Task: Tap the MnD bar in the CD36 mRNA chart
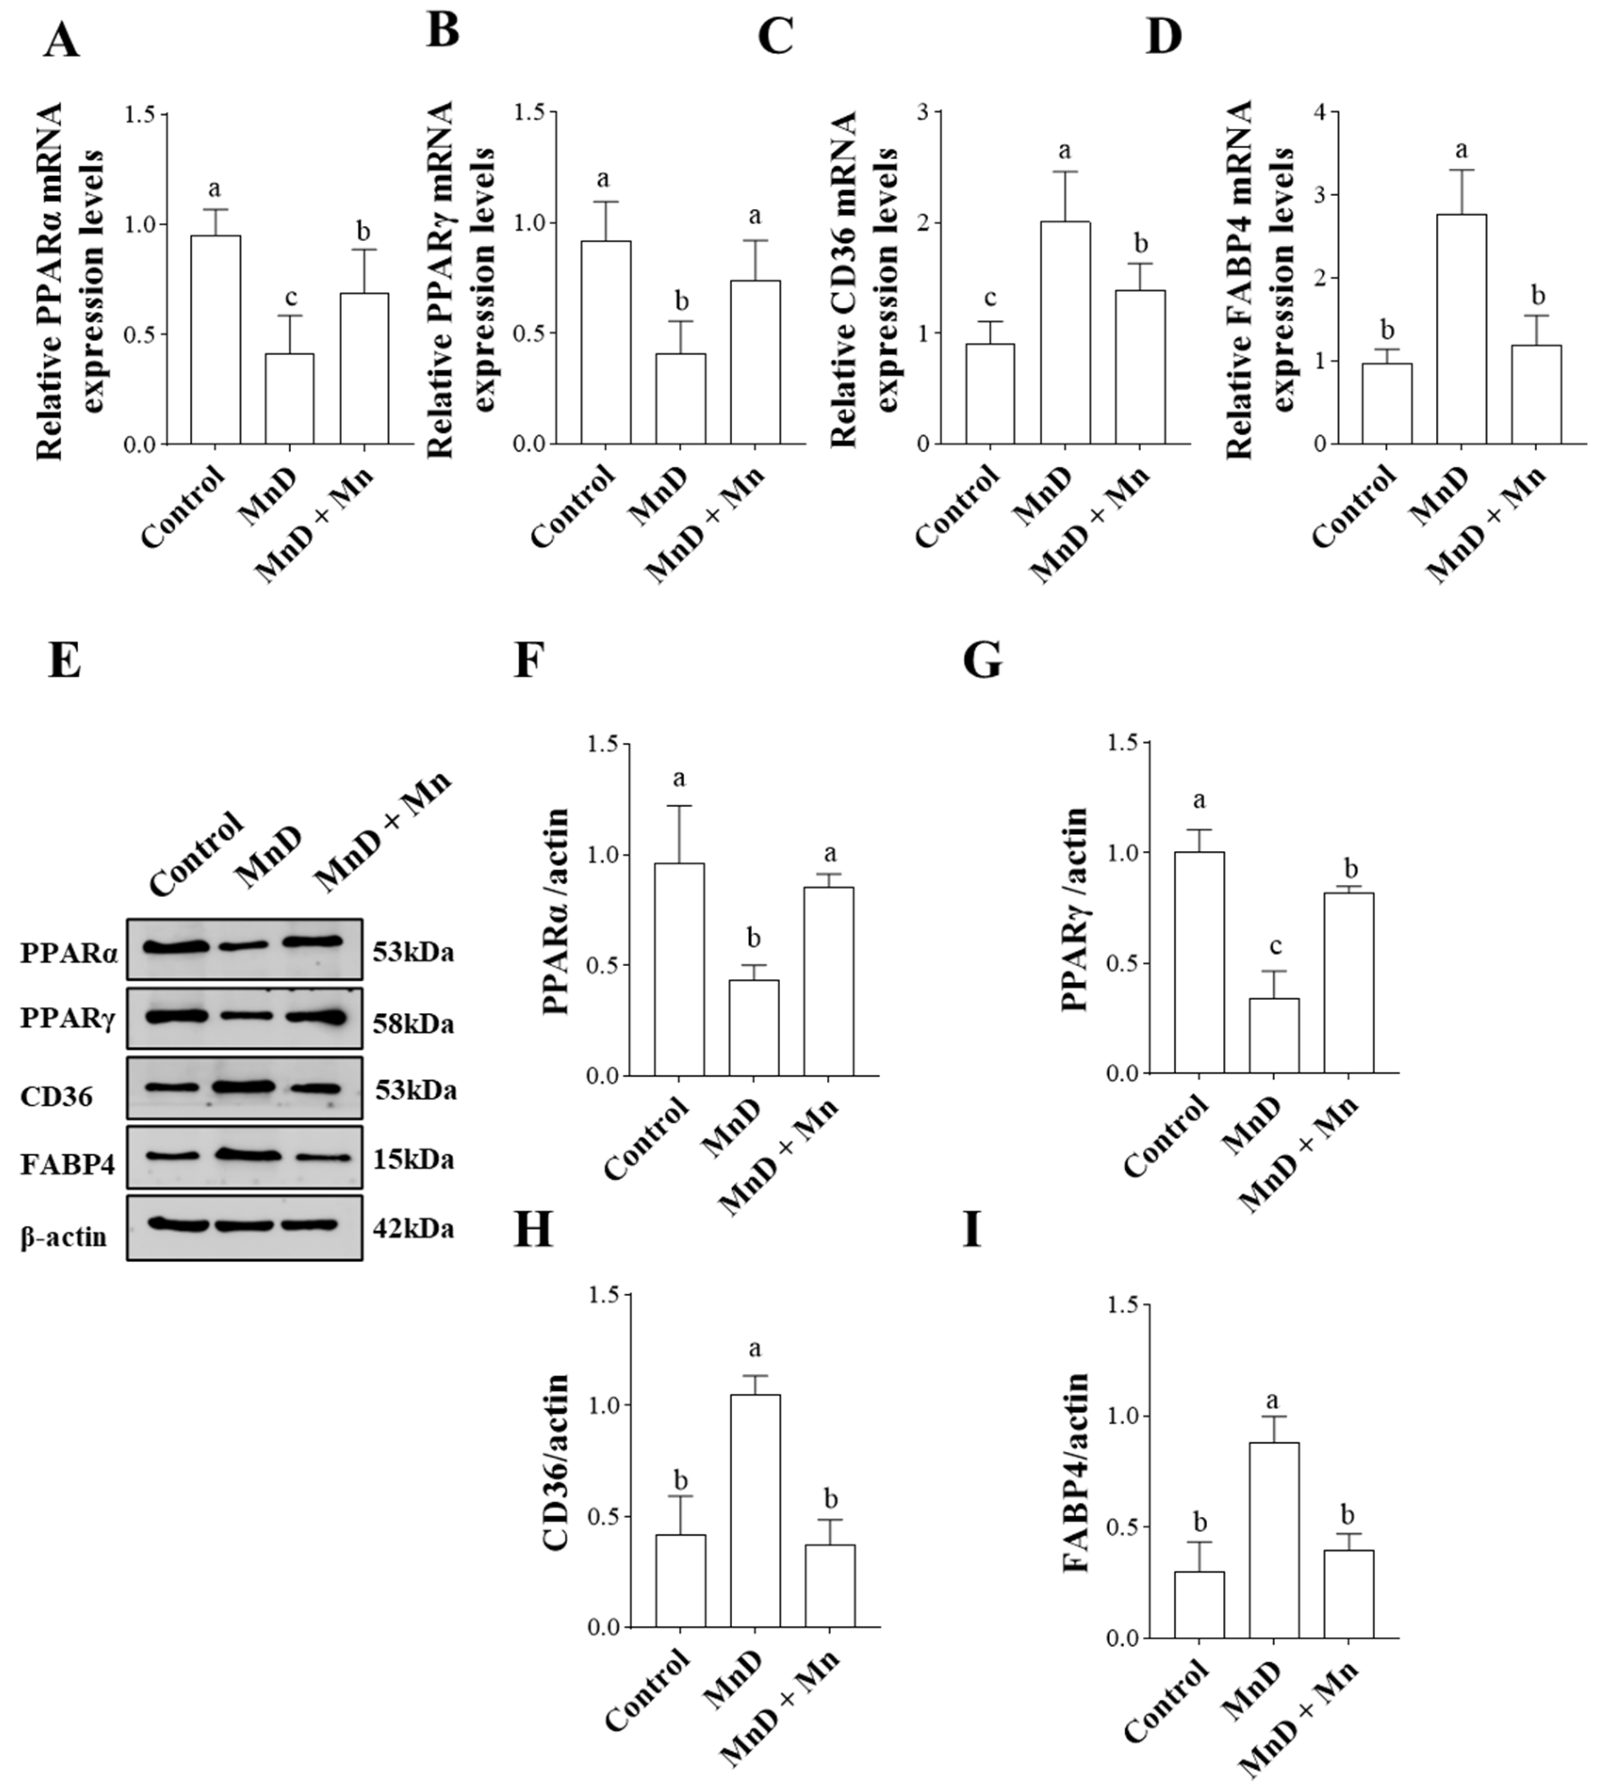pyautogui.click(x=1064, y=332)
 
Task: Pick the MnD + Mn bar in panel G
pyautogui.click(x=1349, y=983)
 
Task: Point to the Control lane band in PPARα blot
pyautogui.click(x=176, y=947)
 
